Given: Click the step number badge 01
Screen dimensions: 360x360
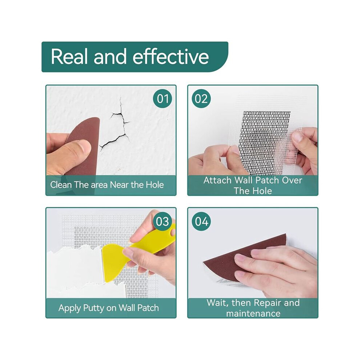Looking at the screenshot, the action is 163,99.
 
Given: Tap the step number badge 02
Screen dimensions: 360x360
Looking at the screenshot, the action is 201,99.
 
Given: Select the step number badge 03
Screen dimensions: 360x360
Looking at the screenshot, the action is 163,221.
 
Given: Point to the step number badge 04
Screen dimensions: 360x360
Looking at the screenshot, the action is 201,221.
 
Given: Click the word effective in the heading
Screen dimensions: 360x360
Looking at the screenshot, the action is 171,56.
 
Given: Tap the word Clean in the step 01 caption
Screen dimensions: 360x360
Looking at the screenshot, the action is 61,185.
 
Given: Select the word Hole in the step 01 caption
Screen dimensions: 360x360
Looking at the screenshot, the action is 155,185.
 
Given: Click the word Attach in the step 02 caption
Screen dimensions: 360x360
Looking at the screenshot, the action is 217,180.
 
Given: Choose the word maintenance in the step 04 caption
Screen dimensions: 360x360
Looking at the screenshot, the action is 253,313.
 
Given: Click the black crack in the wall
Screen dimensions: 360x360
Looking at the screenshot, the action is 116,129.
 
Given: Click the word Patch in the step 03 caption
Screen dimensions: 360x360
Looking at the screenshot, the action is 148,308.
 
